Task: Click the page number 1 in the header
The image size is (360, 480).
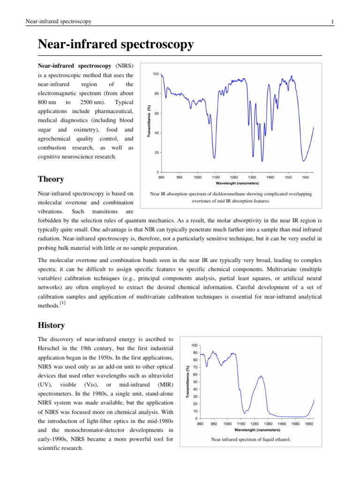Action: pos(332,22)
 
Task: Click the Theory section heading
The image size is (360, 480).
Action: pos(51,179)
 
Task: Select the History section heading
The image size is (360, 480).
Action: pos(52,325)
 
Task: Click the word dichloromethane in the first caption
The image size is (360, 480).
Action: pos(226,194)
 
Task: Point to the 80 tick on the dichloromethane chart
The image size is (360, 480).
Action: pos(157,94)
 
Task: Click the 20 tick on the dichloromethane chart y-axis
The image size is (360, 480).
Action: pos(157,153)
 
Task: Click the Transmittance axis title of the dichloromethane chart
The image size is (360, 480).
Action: pos(150,123)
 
